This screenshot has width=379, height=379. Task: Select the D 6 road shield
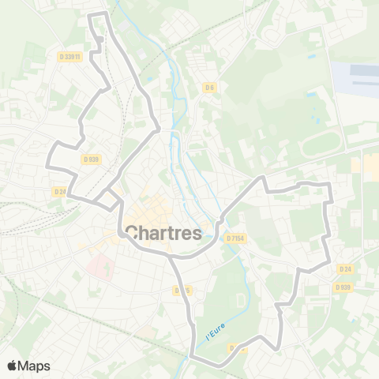[209, 87]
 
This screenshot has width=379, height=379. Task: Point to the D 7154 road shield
[235, 238]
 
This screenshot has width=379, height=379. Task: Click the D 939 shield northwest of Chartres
[91, 159]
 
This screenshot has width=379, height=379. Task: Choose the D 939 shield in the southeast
[342, 287]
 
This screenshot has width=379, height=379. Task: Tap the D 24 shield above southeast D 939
[344, 268]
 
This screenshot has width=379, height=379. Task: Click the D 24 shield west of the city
[60, 191]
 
